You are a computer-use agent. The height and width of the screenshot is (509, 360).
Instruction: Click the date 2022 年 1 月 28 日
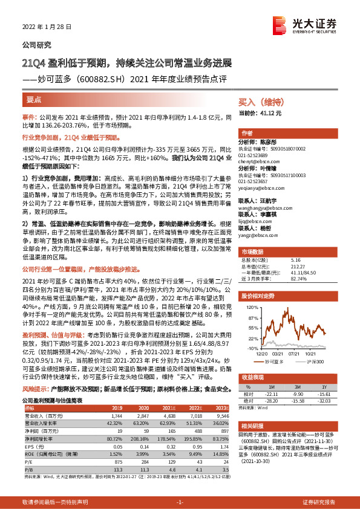pyautogui.click(x=47, y=26)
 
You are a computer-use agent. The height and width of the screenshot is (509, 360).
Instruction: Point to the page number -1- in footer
pyautogui.click(x=180, y=502)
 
